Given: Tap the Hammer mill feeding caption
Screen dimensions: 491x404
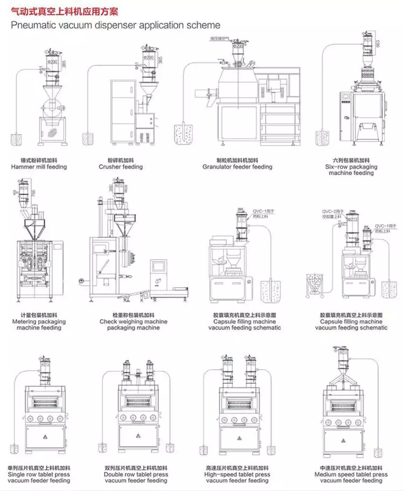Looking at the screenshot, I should (x=39, y=167).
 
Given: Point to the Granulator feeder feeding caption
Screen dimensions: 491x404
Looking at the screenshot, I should (x=237, y=167).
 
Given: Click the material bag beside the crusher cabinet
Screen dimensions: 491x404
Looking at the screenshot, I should (x=87, y=139).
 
